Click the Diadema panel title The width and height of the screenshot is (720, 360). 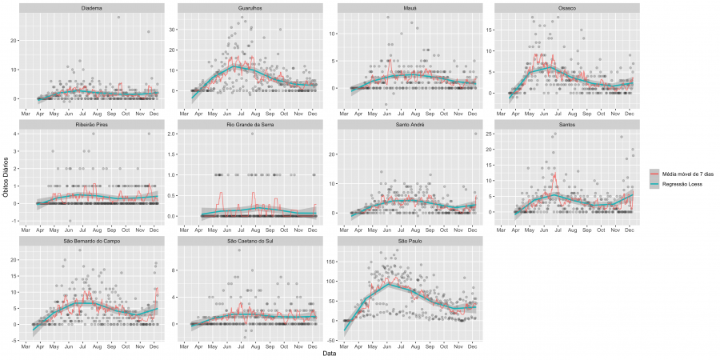click(90, 8)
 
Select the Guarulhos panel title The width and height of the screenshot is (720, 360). click(249, 8)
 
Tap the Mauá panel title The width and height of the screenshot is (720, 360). click(407, 8)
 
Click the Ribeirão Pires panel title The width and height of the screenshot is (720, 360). click(90, 125)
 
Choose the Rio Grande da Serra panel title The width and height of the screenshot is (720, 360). click(249, 125)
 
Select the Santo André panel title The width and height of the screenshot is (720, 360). click(407, 125)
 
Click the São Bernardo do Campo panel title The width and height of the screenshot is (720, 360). click(90, 241)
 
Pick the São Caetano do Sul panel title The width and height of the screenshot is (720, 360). click(249, 241)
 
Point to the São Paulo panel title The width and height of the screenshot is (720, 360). click(407, 241)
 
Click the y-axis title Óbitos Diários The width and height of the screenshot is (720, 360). click(5, 179)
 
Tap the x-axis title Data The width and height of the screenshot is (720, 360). click(328, 353)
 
